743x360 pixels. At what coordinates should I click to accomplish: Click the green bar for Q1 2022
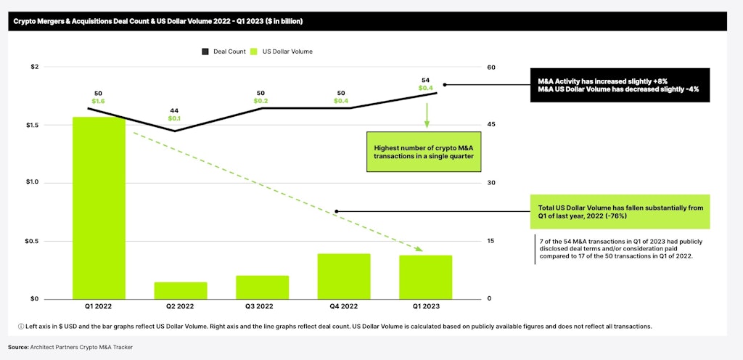tap(99, 208)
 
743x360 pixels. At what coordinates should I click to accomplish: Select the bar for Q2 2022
tap(180, 290)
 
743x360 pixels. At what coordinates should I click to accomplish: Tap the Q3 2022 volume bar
tap(262, 287)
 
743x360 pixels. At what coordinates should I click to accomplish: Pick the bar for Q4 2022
tap(344, 276)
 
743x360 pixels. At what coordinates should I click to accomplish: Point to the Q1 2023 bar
tap(426, 277)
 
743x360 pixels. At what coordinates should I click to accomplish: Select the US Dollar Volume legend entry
tap(282, 52)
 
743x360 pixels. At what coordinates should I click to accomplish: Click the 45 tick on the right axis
tap(491, 125)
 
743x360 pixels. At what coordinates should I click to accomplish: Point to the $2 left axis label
tap(34, 67)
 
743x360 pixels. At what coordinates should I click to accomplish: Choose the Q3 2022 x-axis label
tap(262, 306)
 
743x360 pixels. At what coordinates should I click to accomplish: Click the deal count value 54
tap(426, 80)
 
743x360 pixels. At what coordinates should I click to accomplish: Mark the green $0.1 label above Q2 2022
tap(174, 118)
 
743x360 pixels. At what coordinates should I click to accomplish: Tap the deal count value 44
tap(174, 110)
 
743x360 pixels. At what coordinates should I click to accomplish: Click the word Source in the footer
tap(18, 348)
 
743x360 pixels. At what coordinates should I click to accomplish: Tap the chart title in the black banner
tap(158, 21)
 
